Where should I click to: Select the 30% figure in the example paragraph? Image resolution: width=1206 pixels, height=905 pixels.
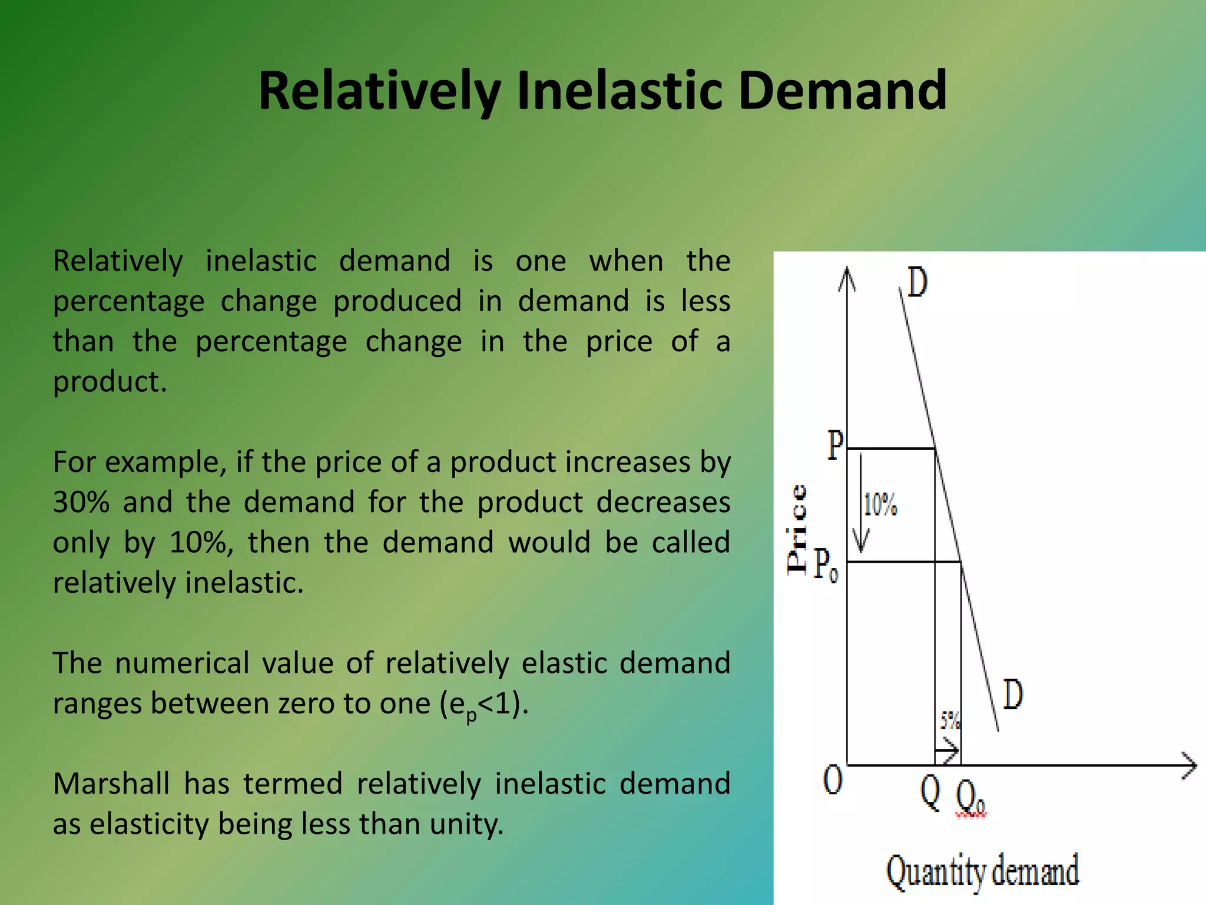81,502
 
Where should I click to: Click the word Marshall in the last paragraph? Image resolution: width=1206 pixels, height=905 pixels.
111,784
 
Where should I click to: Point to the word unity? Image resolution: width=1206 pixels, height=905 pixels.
465,824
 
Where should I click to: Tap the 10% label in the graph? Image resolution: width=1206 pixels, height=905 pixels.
880,506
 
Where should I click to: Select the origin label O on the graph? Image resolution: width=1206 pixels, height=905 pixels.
833,781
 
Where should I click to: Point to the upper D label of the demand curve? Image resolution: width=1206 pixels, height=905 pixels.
917,282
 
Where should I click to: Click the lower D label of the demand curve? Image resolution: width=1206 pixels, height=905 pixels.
1012,694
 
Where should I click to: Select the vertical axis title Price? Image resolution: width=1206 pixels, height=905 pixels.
797,529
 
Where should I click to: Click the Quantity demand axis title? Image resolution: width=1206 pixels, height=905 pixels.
982,871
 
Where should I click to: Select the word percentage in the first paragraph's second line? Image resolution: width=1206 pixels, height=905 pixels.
128,301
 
